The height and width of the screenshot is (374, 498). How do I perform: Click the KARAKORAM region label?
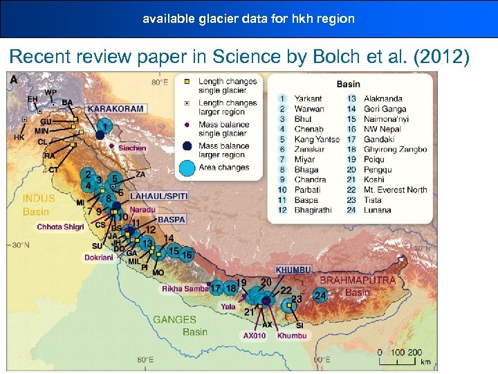(x=116, y=109)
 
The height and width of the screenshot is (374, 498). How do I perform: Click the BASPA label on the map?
(x=172, y=220)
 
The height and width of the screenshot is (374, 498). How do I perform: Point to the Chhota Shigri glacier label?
(x=60, y=226)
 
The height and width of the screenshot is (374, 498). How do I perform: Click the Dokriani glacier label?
(x=99, y=257)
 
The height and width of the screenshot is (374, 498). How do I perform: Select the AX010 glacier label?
(x=254, y=335)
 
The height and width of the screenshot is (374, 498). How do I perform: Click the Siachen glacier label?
(x=131, y=148)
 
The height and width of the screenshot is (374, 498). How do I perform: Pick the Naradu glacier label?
(x=142, y=209)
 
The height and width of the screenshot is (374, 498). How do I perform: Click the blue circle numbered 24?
(x=320, y=295)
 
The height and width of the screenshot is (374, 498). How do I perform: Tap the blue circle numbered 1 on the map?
(x=104, y=126)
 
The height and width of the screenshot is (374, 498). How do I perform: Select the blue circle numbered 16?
(x=186, y=255)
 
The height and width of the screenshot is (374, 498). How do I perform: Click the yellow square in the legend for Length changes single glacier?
(x=187, y=82)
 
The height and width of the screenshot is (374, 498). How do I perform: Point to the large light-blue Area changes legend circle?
(x=186, y=168)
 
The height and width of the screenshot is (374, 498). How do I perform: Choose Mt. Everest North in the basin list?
(x=395, y=190)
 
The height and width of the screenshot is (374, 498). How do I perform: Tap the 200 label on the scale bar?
(x=414, y=353)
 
